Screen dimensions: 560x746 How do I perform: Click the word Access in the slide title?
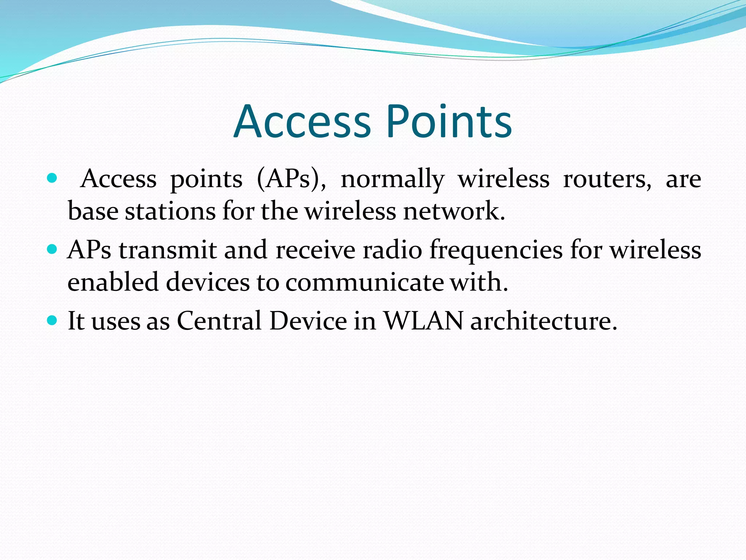[x=302, y=122]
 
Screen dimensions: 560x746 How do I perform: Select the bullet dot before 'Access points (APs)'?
[x=52, y=178]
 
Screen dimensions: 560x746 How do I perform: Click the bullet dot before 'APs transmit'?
[x=52, y=249]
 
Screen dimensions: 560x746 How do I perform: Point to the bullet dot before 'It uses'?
[x=52, y=320]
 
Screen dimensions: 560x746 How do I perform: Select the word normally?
[x=392, y=179]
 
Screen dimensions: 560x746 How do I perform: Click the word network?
[x=454, y=211]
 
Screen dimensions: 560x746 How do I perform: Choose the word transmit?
[x=168, y=250]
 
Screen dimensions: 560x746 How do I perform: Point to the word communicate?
[x=364, y=283]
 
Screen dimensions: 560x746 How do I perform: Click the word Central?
[x=219, y=321]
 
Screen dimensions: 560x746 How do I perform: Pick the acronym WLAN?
[x=424, y=321]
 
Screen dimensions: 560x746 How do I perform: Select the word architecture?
[x=543, y=321]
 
